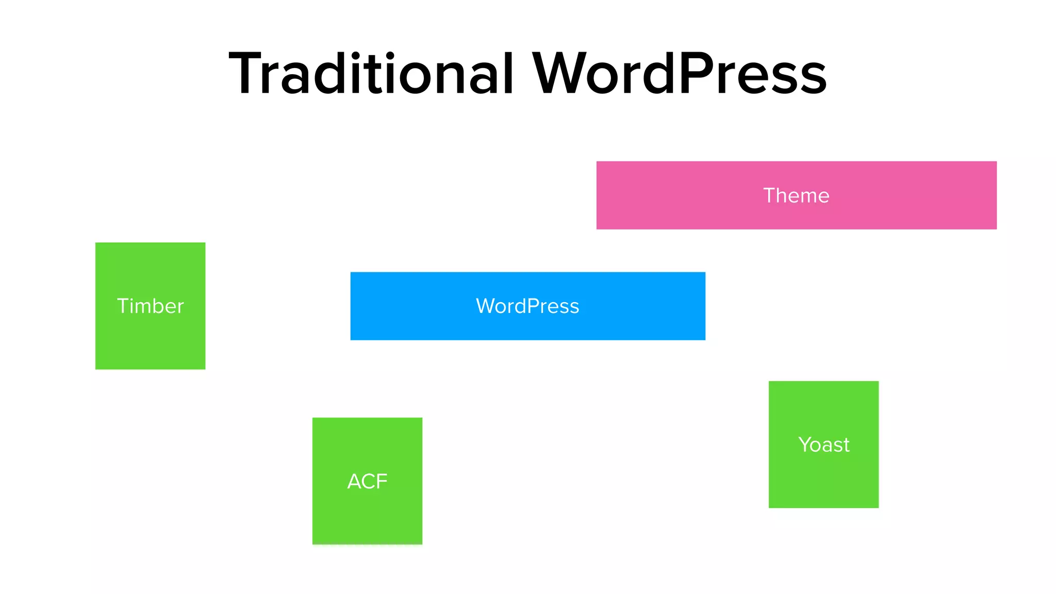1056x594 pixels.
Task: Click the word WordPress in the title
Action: click(x=680, y=74)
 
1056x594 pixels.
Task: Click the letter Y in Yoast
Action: click(x=805, y=444)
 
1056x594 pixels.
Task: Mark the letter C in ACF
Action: click(x=368, y=482)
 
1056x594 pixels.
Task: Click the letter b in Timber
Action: click(x=157, y=306)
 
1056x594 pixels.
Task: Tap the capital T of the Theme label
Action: click(x=769, y=195)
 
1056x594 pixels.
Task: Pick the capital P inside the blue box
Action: click(x=534, y=306)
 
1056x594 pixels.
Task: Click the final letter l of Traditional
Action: click(x=509, y=74)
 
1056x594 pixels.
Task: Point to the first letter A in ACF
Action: click(x=354, y=482)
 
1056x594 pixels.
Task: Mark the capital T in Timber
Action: click(x=123, y=306)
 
